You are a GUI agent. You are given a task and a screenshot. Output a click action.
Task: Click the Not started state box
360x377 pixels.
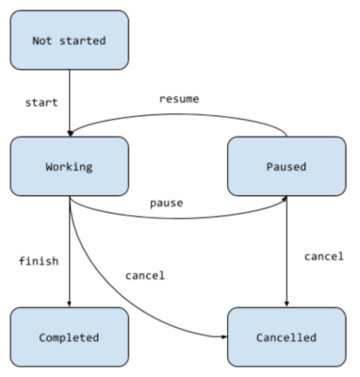point(70,41)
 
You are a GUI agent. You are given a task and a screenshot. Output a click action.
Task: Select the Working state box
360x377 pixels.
point(70,166)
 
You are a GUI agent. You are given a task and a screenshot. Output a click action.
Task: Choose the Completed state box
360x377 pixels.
point(70,336)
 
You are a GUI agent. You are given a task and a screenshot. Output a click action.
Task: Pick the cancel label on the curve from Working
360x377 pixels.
point(143,275)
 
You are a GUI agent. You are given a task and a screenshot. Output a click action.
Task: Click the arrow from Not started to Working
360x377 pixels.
point(70,104)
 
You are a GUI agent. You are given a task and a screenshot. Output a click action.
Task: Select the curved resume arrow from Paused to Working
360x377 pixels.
point(179,118)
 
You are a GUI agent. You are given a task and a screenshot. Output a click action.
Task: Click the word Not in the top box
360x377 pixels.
point(44,41)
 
